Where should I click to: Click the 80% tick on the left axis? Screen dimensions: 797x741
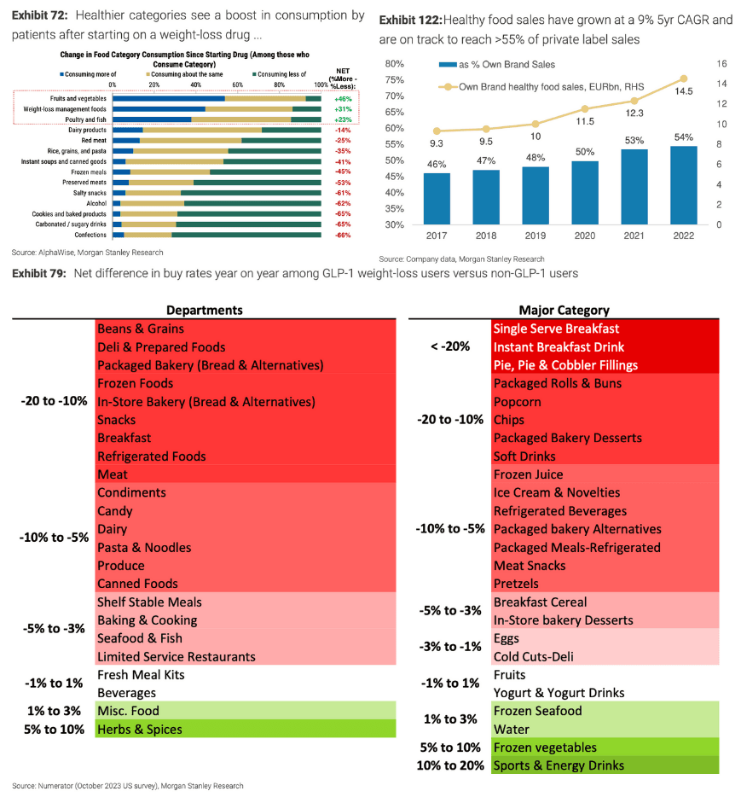click(393, 64)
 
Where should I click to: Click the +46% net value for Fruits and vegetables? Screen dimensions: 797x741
click(344, 99)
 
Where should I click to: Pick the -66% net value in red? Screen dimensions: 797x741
click(344, 235)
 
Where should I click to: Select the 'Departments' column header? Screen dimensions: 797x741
click(204, 310)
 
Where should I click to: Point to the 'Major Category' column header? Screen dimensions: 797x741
click(564, 310)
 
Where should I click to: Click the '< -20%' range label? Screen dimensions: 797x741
click(450, 346)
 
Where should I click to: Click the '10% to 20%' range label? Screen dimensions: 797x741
click(451, 765)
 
